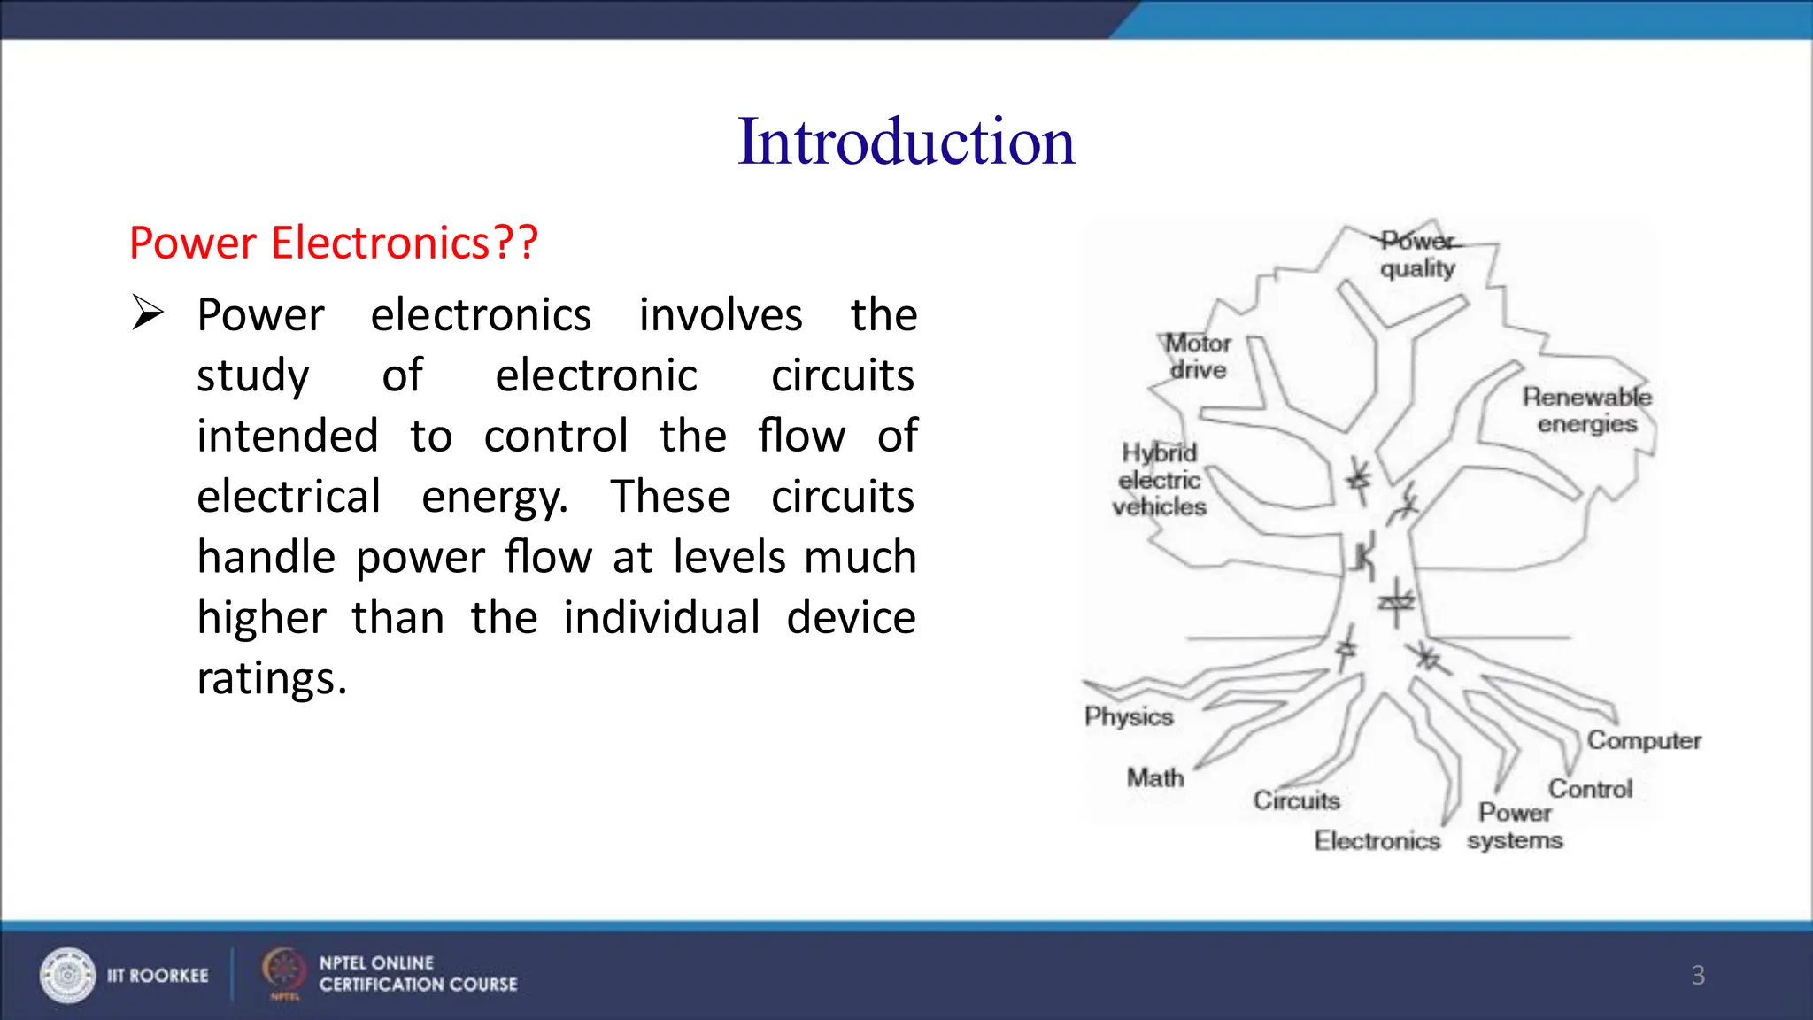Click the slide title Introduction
[906, 142]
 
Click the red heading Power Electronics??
[334, 243]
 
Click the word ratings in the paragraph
[271, 679]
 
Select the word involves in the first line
[721, 315]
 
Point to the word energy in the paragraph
[493, 498]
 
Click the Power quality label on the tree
[1417, 254]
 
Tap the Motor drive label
[1198, 356]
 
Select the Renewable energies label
[1586, 410]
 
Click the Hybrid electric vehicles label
[1160, 480]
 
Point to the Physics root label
[1129, 716]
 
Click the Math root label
[1155, 777]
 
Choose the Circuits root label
[1296, 800]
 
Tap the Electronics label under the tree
[1377, 840]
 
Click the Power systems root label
[1515, 826]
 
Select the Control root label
[1590, 788]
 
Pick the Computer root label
[1644, 740]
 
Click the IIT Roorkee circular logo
[67, 975]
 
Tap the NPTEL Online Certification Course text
[418, 974]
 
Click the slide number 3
[1698, 975]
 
